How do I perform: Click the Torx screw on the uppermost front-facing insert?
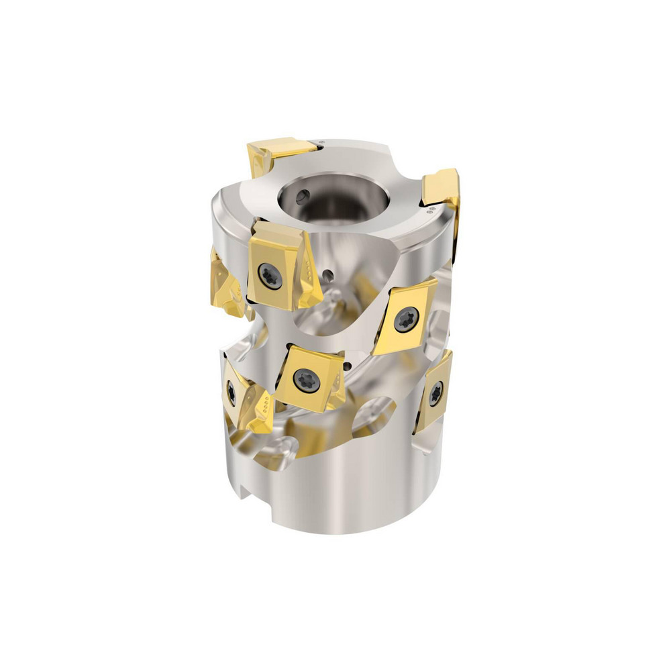coord(269,274)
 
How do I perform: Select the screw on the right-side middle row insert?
coord(407,319)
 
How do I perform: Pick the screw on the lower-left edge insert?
coord(231,392)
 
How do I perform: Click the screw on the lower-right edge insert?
coord(435,392)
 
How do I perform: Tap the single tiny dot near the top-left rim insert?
coord(321,142)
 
